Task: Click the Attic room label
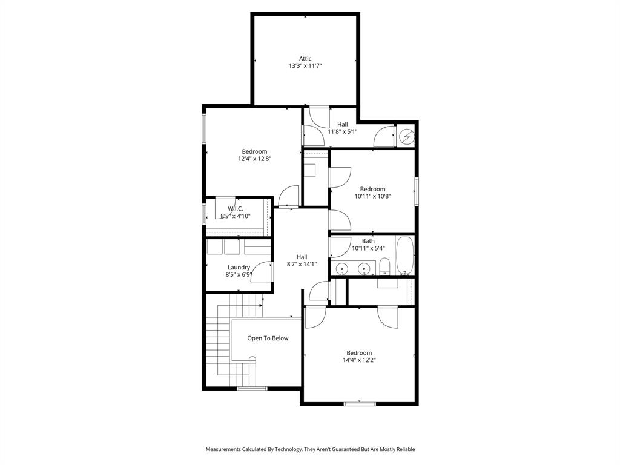pyautogui.click(x=305, y=59)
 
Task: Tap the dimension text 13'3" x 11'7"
pyautogui.click(x=305, y=66)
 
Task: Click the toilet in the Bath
pyautogui.click(x=384, y=266)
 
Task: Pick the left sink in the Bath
pyautogui.click(x=342, y=268)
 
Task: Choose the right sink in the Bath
pyautogui.click(x=364, y=268)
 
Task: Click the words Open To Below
pyautogui.click(x=268, y=338)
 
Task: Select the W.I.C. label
pyautogui.click(x=236, y=208)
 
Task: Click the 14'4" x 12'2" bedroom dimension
pyautogui.click(x=359, y=360)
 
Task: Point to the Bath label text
pyautogui.click(x=368, y=241)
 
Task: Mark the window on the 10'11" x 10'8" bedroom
pyautogui.click(x=416, y=191)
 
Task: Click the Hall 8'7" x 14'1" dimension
pyautogui.click(x=302, y=264)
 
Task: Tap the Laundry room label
pyautogui.click(x=239, y=268)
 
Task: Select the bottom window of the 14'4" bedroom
pyautogui.click(x=360, y=403)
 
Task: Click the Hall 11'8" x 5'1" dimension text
pyautogui.click(x=343, y=131)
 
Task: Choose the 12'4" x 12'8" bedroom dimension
pyautogui.click(x=254, y=159)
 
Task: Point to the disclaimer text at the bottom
pyautogui.click(x=310, y=449)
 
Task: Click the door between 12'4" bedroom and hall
pyautogui.click(x=289, y=196)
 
